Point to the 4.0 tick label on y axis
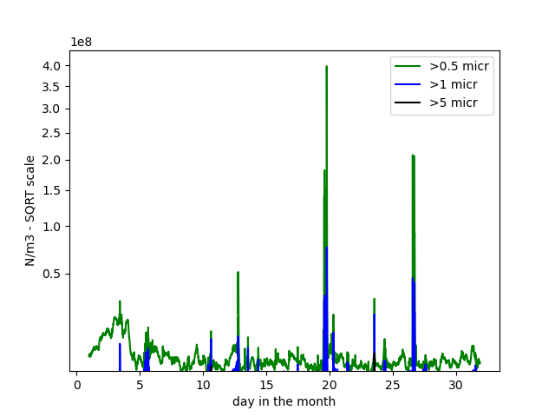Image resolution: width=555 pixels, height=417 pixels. pos(52,66)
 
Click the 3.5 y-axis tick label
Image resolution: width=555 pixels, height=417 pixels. pos(52,86)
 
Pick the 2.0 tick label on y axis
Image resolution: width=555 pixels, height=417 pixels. pos(52,160)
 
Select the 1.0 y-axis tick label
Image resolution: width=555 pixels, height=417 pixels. pos(52,227)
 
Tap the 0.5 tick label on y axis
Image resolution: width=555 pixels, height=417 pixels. pos(52,275)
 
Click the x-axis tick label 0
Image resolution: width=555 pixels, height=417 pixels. pos(76,384)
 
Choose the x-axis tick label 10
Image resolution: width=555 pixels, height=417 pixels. pos(203,384)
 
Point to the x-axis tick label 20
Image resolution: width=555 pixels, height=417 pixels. pos(330,384)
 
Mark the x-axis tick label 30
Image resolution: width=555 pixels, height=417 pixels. pos(456,384)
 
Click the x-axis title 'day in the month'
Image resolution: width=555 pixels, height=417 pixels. pos(284,401)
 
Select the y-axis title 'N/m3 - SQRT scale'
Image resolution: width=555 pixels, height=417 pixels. pos(30,210)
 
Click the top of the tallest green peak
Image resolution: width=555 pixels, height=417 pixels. pos(326,66)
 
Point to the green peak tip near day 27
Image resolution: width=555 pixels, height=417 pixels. pos(413,156)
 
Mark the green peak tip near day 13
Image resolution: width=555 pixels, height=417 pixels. pos(238,272)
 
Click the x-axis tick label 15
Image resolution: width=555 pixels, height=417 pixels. pos(266,384)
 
